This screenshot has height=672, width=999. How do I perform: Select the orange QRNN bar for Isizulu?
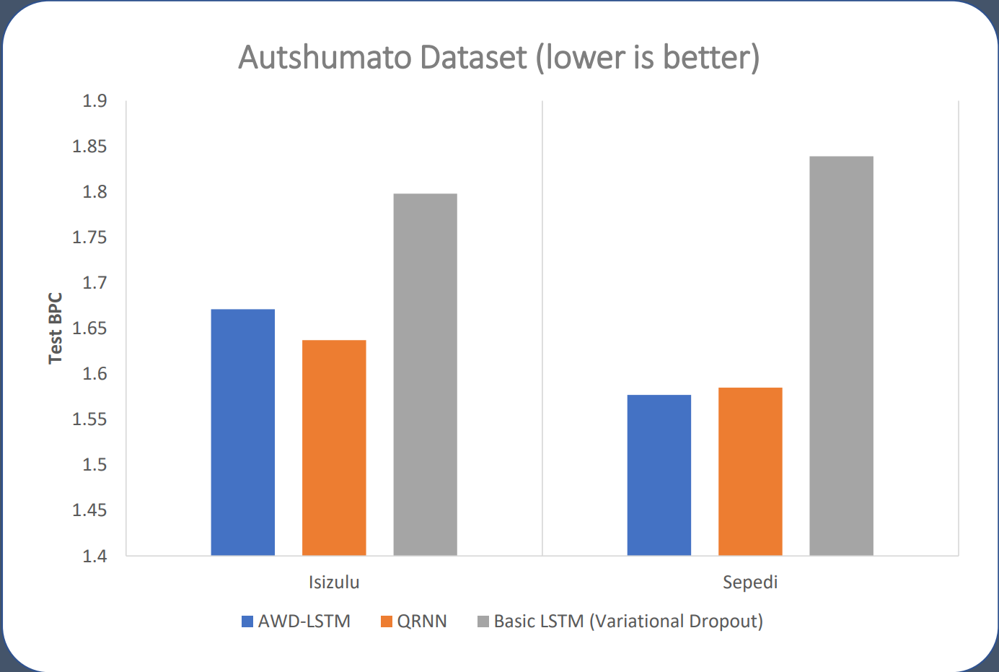pyautogui.click(x=334, y=448)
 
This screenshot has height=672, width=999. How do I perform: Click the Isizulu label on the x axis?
pyautogui.click(x=334, y=582)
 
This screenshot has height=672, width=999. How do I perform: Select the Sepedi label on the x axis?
pyautogui.click(x=750, y=582)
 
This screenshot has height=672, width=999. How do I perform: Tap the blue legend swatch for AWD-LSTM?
pyautogui.click(x=247, y=621)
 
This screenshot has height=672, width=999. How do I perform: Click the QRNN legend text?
pyautogui.click(x=422, y=621)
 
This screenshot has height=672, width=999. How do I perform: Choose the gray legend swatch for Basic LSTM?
pyautogui.click(x=483, y=621)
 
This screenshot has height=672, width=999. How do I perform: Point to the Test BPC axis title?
pyautogui.click(x=56, y=328)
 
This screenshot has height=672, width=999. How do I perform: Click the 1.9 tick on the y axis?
pyautogui.click(x=94, y=101)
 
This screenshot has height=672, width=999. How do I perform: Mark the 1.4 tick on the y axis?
pyautogui.click(x=94, y=556)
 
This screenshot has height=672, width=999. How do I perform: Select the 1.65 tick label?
pyautogui.click(x=89, y=328)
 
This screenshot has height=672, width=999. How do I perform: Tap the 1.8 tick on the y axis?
pyautogui.click(x=94, y=192)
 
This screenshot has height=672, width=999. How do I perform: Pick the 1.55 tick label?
pyautogui.click(x=89, y=419)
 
